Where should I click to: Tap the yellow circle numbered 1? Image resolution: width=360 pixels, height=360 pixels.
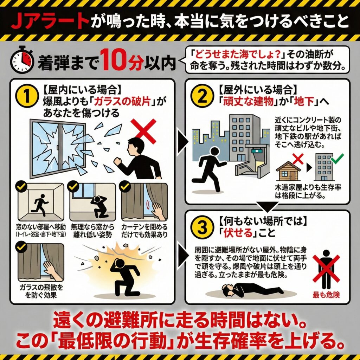(27, 96)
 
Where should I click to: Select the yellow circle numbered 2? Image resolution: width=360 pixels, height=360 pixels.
(202, 96)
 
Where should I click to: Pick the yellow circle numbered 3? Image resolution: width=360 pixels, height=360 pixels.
(202, 228)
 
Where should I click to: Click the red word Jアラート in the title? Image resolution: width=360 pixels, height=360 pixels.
(50, 21)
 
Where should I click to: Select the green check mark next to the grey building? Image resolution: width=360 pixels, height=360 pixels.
(337, 158)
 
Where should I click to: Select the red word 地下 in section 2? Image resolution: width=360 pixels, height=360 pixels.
(304, 101)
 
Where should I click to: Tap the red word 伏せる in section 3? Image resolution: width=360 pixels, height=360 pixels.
(234, 233)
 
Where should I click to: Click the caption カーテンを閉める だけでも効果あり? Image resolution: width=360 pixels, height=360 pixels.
(144, 231)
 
